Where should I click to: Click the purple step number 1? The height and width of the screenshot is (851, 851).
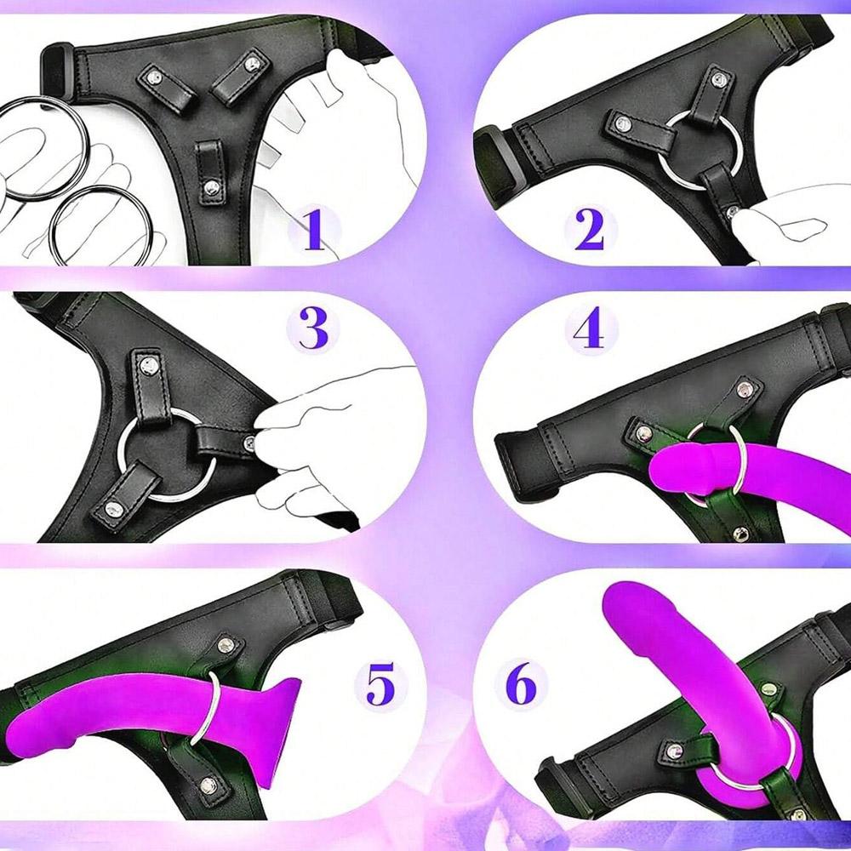click(x=315, y=231)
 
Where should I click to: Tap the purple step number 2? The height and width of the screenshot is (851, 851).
click(x=589, y=231)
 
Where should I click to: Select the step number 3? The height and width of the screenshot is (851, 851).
click(x=313, y=328)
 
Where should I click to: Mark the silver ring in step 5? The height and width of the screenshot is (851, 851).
click(x=211, y=701)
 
